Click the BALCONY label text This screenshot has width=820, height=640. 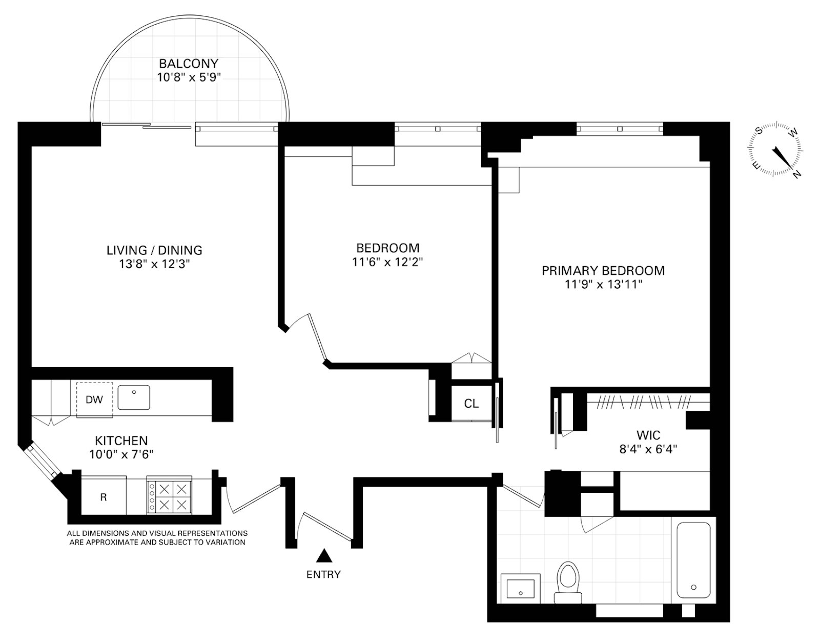coord(188,64)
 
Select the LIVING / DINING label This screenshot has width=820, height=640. coord(154,250)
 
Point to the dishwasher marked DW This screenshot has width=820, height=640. coord(94,399)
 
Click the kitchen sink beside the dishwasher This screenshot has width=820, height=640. coord(134,397)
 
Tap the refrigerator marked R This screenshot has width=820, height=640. coord(104,497)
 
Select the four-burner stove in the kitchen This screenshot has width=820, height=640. coord(168,495)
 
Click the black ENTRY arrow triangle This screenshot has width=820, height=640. coord(323,555)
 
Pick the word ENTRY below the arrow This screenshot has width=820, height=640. coord(323,574)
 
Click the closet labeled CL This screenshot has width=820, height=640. coord(471,404)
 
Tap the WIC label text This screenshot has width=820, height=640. coord(648,435)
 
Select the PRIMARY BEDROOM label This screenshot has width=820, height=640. coord(603,270)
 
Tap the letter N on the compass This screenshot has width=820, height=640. coord(796,174)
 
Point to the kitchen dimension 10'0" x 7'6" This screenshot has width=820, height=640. coord(121,454)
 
